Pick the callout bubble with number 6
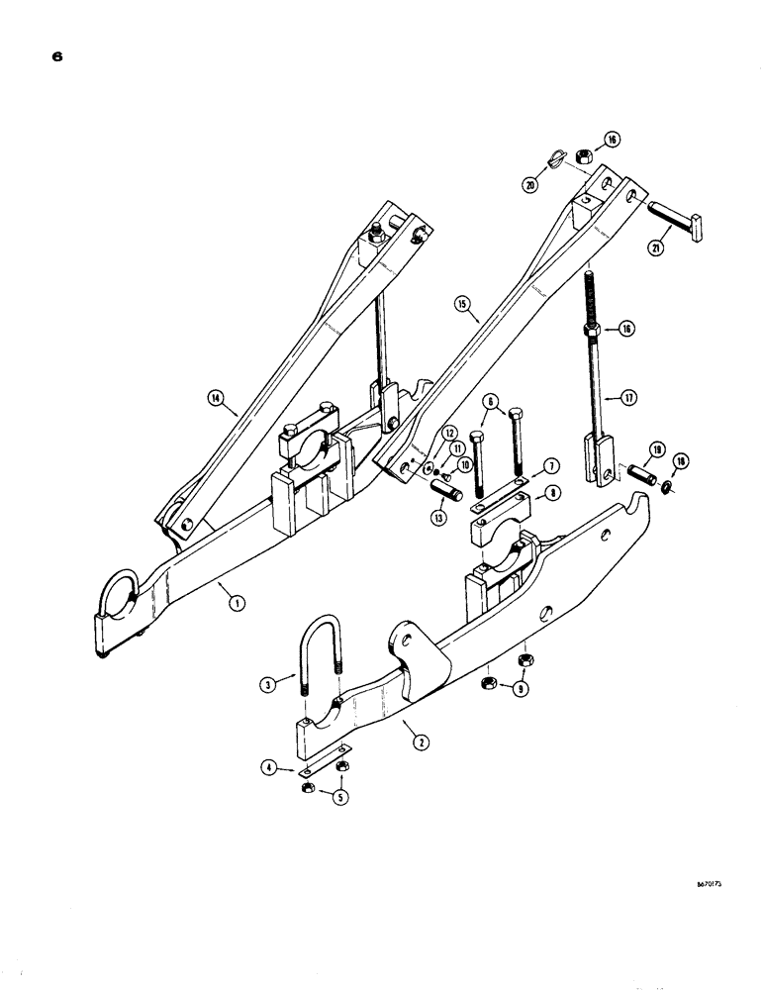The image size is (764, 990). tap(487, 402)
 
